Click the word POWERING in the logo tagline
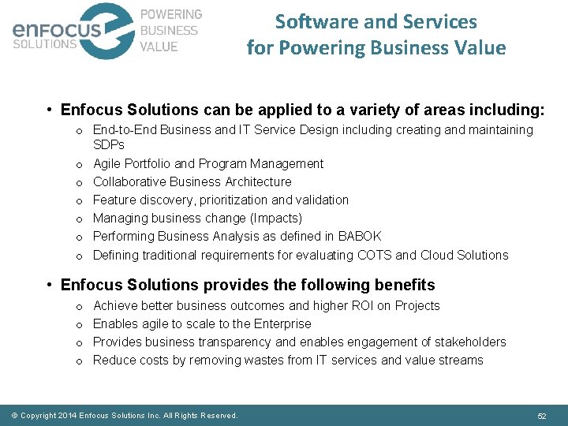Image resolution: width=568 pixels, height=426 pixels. click(170, 15)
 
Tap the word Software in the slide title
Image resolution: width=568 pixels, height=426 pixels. click(312, 21)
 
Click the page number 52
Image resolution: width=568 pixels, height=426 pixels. click(542, 415)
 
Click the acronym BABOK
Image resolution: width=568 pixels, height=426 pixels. click(360, 236)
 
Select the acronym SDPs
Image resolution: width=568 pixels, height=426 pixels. click(109, 145)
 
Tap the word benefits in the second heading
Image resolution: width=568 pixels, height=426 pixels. click(404, 285)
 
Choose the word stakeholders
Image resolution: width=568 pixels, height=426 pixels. click(468, 342)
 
